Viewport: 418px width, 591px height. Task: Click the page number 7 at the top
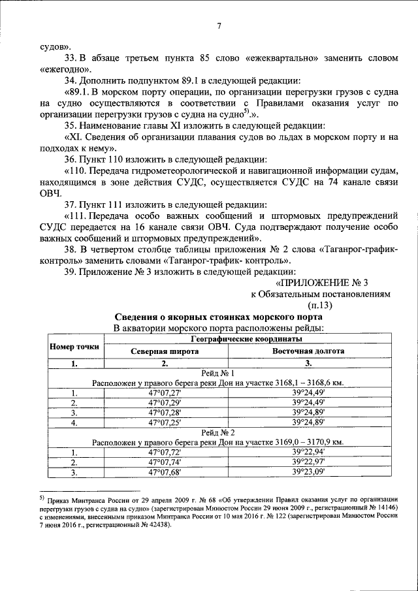pos(219,26)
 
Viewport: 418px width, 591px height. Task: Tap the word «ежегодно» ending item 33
pos(65,69)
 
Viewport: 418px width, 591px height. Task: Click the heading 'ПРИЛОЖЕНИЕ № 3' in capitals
pos(322,283)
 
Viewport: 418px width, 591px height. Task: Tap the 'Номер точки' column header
pos(74,345)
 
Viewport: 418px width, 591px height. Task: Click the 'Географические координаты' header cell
pos(246,339)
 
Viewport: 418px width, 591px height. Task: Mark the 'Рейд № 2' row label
pos(218,432)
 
